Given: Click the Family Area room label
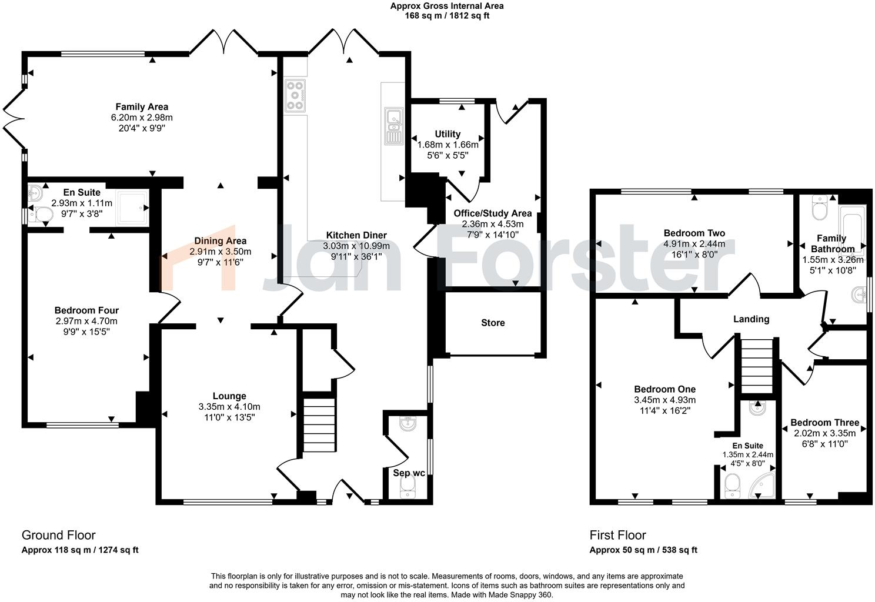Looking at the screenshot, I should (142, 106).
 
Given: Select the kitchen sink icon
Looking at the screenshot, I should (392, 126).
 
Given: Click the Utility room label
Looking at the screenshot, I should (447, 134).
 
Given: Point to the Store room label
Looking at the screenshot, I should (493, 323).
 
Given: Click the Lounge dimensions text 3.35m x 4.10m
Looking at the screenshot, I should (229, 407).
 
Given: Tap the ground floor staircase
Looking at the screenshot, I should (319, 424).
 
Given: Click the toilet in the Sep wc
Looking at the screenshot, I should (406, 486).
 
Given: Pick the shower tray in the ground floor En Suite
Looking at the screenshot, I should (132, 207).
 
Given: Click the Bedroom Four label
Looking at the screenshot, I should (86, 310).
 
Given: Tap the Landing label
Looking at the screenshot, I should (751, 319).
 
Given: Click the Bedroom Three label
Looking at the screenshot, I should (824, 423).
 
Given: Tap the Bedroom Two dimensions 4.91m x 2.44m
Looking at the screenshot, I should (694, 244).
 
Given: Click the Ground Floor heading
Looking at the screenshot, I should (58, 535).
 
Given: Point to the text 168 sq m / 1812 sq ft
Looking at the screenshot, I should (447, 16).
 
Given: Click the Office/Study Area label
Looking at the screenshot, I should (492, 213).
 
